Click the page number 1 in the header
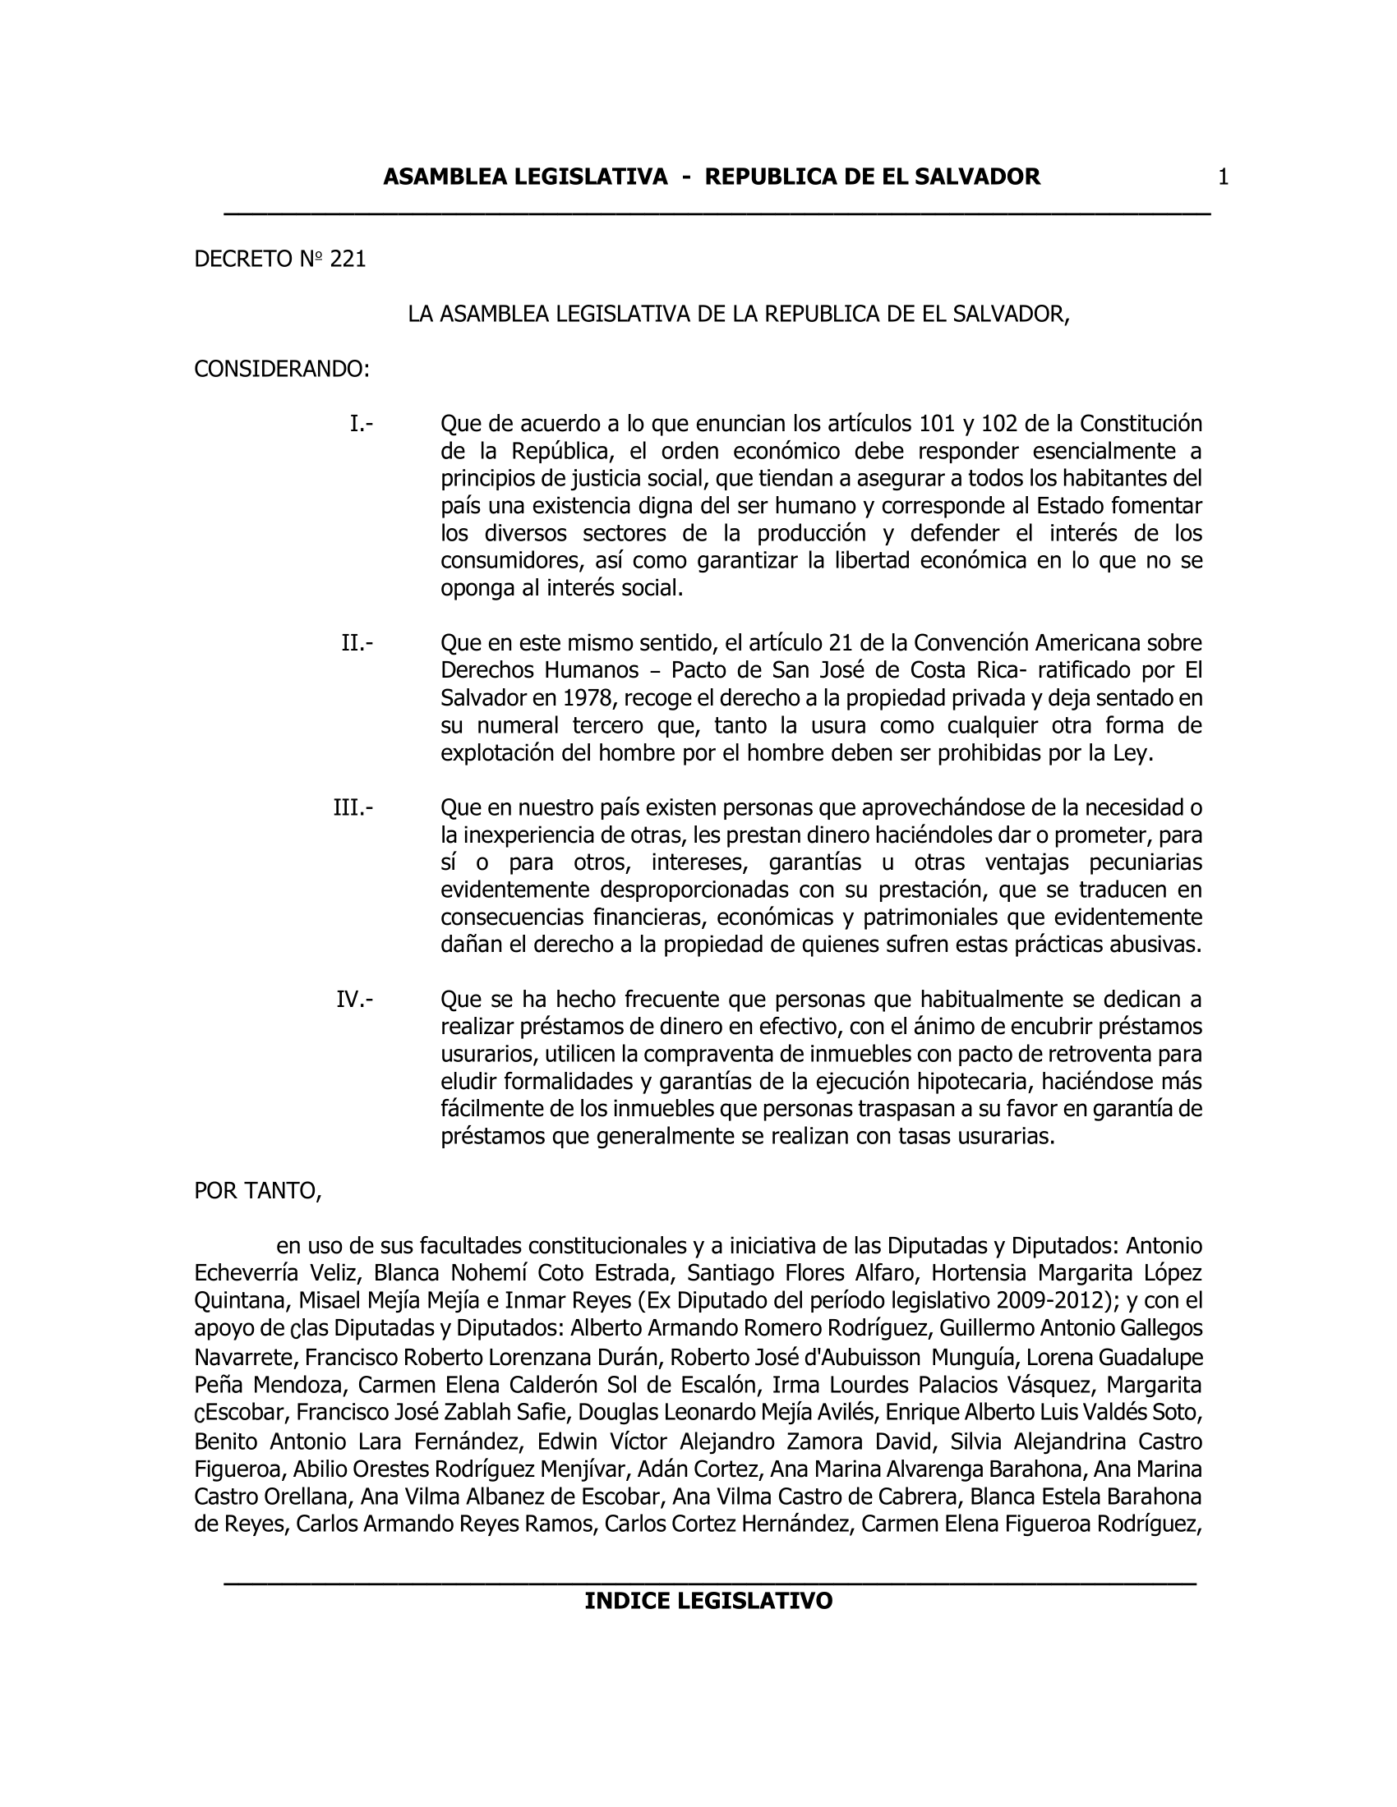(x=1224, y=177)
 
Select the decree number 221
(x=348, y=260)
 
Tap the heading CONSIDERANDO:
(x=281, y=369)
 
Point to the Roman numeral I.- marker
(x=361, y=425)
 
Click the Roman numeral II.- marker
(x=357, y=643)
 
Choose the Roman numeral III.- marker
(x=353, y=807)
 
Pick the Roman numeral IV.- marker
(x=354, y=1000)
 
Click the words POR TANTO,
(x=257, y=1191)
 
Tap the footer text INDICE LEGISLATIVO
(x=708, y=1601)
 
